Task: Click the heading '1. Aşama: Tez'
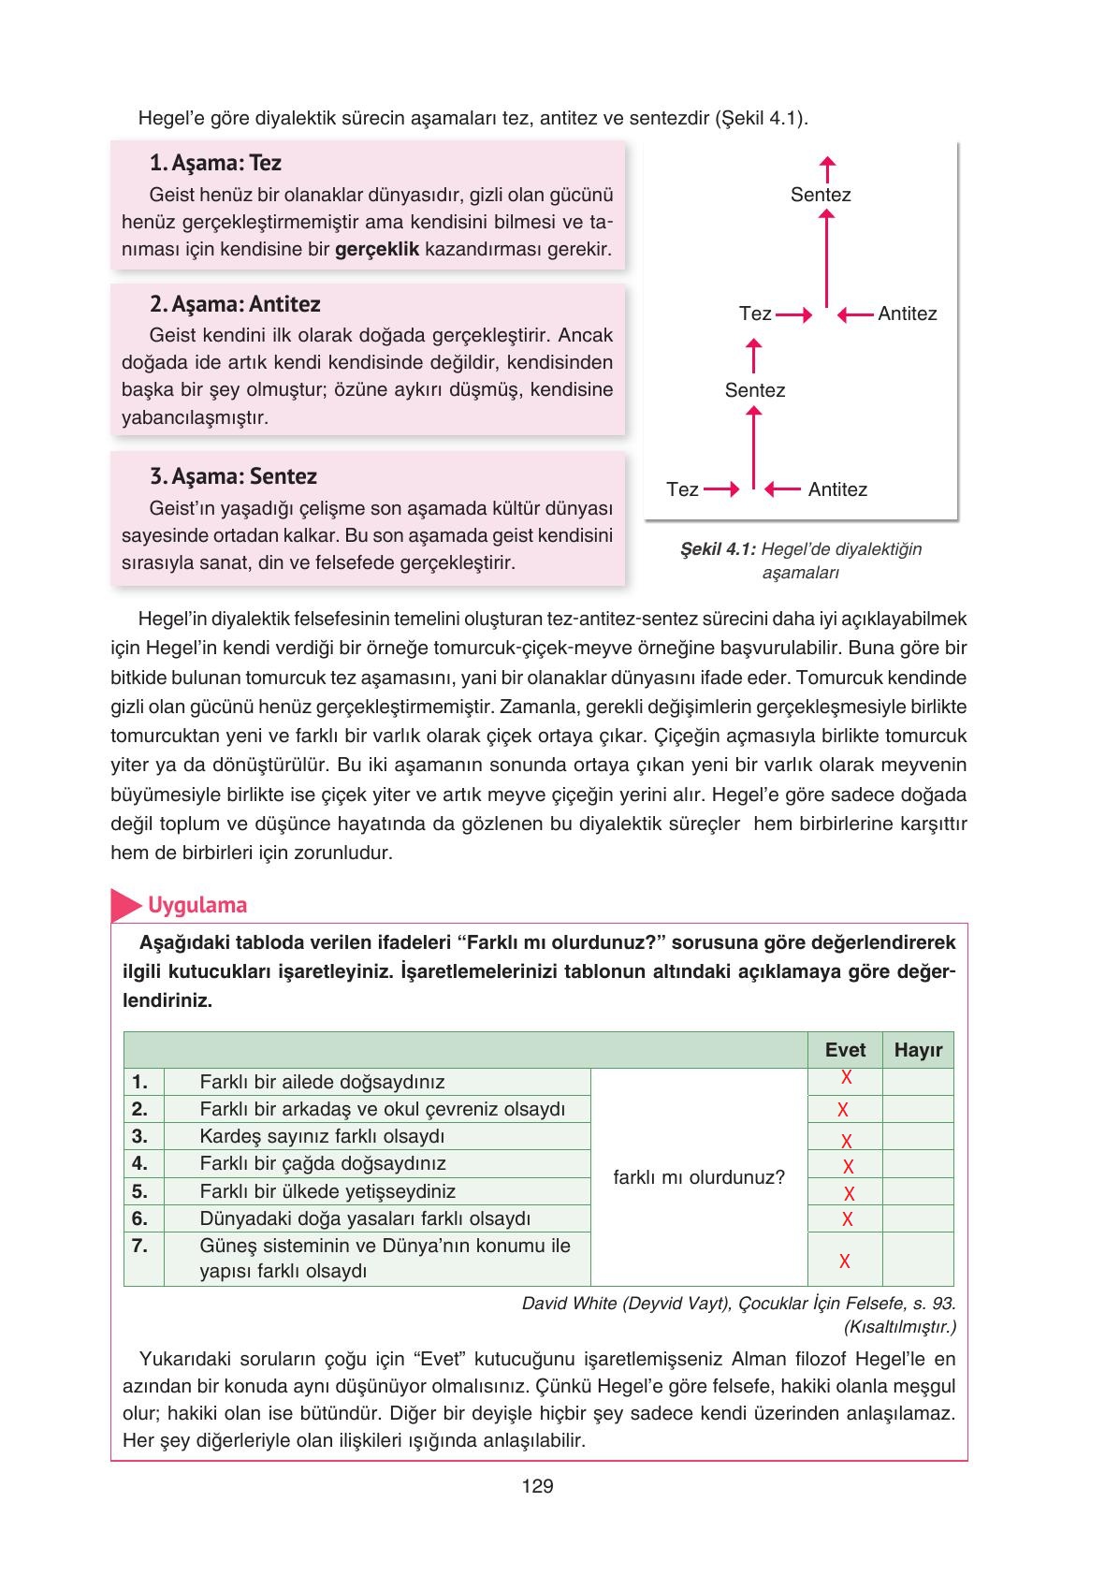[215, 163]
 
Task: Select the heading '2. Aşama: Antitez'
[235, 304]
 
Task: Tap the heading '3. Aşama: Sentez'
[233, 476]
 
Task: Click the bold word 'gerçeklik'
[376, 250]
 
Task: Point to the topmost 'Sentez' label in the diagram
[821, 195]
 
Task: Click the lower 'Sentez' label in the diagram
[755, 390]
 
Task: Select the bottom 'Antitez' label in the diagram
[837, 489]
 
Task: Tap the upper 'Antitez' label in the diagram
[907, 314]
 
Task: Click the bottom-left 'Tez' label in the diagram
[682, 489]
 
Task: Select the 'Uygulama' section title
[197, 905]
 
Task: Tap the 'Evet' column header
[845, 1050]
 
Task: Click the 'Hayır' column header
[918, 1050]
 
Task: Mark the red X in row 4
[849, 1167]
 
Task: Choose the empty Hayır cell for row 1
[918, 1082]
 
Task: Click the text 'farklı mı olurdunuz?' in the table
[699, 1177]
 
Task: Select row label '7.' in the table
[140, 1246]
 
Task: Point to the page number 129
[538, 1486]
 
